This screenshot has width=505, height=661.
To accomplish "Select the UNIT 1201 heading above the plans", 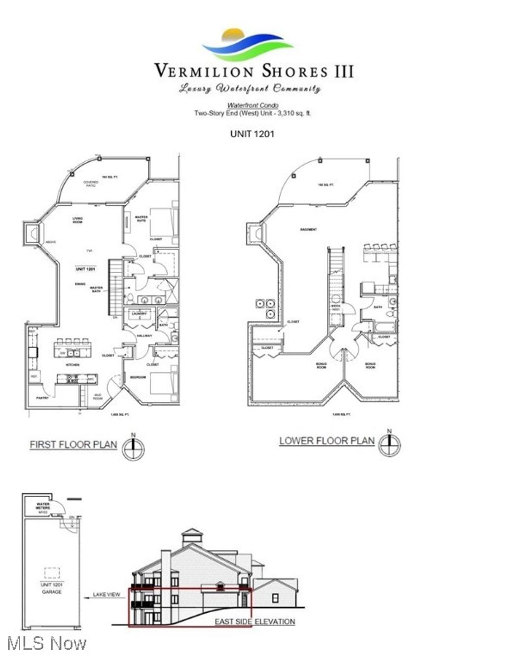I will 252,134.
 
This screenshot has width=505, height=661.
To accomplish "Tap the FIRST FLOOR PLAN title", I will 73,444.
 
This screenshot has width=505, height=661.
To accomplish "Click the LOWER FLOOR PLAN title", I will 327,441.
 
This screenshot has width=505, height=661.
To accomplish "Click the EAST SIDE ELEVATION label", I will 254,622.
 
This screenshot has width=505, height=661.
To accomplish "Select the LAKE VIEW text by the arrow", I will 107,594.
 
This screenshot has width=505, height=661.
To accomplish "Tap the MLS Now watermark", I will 47,643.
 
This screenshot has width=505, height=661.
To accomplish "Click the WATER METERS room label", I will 43,506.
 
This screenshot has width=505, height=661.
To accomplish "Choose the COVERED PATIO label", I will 91,184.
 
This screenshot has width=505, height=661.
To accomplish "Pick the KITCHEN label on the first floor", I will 73,365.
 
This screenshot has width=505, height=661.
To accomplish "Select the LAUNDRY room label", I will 138,313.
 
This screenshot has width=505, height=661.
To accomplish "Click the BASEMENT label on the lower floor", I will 308,230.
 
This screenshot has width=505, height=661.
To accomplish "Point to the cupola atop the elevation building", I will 192,536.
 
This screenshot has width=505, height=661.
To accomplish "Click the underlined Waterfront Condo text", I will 252,106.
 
